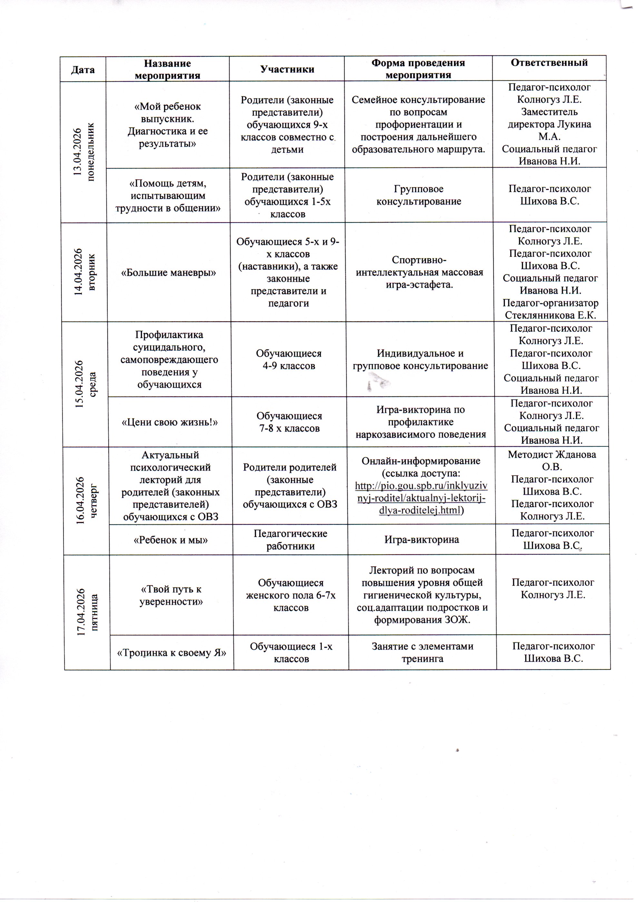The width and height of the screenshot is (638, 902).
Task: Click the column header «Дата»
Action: [83, 70]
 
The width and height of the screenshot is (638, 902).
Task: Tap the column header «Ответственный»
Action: [549, 63]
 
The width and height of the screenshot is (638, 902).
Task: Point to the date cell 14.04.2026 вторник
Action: [85, 272]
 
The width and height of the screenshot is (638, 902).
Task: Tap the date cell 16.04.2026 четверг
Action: [86, 500]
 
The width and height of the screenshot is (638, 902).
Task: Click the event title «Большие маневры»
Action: [169, 273]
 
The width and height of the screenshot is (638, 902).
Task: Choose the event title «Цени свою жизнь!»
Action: [169, 422]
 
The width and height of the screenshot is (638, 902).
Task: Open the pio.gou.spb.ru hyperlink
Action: [421, 498]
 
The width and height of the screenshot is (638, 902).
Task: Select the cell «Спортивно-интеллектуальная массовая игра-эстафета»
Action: [419, 273]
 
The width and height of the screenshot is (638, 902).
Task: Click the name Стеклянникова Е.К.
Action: [550, 315]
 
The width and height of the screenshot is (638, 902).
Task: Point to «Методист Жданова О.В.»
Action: [552, 460]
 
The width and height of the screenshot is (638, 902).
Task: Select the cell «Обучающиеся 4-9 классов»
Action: [289, 359]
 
